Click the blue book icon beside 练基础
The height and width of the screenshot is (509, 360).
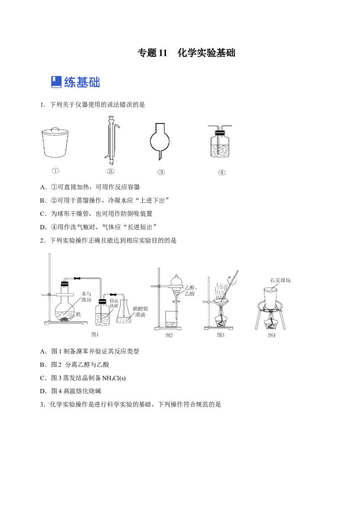coord(56,82)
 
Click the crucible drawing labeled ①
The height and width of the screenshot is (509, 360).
coord(55,143)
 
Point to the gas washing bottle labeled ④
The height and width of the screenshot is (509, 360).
coord(220,141)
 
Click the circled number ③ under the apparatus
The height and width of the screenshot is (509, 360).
coord(161,172)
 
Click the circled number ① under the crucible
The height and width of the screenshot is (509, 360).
coord(55,171)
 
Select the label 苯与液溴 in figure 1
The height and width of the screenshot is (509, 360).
coord(86,297)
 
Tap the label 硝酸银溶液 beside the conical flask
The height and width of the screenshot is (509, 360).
coord(140,312)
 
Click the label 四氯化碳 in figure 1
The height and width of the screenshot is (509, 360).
coord(114,304)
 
